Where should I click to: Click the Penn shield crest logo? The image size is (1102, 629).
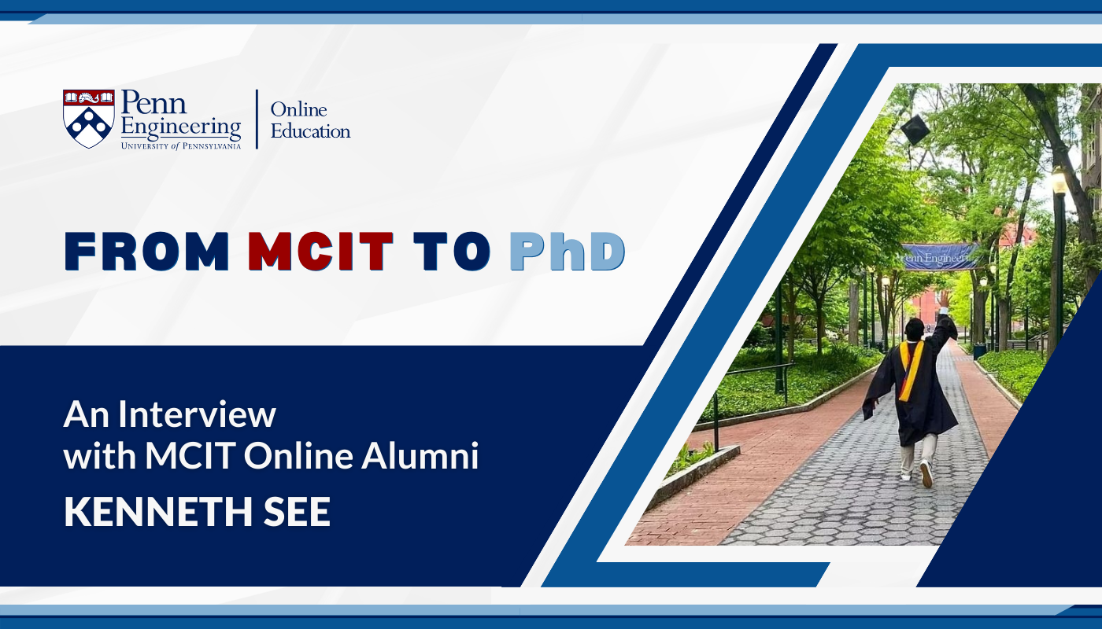[88, 119]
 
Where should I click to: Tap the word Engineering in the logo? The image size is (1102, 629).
[181, 127]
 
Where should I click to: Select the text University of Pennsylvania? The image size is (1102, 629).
[181, 145]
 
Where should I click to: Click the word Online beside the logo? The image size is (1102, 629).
[298, 109]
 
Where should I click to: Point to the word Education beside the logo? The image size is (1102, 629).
[310, 131]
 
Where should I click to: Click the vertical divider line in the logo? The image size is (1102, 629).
[257, 119]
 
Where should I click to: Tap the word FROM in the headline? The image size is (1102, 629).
[147, 251]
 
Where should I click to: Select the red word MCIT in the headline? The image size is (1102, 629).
[321, 251]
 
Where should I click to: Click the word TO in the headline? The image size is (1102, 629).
[452, 251]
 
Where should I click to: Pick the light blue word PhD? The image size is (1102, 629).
[568, 251]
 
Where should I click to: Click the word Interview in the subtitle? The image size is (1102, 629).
[197, 414]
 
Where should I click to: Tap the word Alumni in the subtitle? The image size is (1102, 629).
[420, 455]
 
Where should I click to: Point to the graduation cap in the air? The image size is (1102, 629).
[915, 129]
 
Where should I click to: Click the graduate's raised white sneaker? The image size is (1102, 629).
[926, 473]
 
